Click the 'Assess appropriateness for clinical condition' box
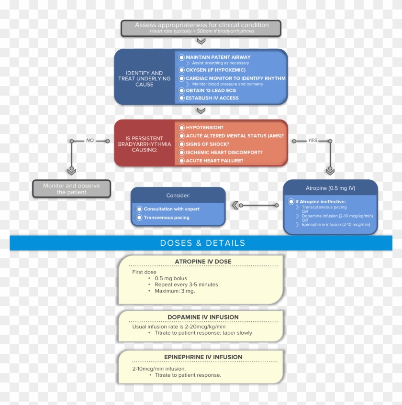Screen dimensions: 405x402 pos(201,28)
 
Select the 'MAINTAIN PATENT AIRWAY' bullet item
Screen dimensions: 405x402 pos(218,57)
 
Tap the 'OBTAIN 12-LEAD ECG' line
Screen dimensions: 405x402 pos(212,90)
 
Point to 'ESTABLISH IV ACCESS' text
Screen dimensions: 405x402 pos(212,98)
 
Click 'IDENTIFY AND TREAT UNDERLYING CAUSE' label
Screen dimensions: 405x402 pos(144,78)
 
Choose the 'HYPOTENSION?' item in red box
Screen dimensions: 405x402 pos(204,128)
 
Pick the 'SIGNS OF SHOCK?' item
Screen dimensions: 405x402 pos(207,144)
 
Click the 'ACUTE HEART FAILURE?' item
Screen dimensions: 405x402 pos(214,161)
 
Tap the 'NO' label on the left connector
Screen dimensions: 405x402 pos(90,141)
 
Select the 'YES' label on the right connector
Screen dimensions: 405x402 pos(313,141)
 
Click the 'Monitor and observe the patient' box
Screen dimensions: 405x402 pos(71,189)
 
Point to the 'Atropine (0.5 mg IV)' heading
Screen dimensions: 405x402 pos(330,188)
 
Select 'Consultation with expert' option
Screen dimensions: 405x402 pos(171,209)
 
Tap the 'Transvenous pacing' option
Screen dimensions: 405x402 pos(166,218)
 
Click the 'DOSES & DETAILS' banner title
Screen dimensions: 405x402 pos(202,243)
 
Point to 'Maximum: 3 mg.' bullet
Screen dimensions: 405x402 pos(175,291)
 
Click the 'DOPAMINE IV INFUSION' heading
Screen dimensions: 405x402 pos(203,317)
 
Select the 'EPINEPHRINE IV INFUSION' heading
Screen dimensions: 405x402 pos(203,357)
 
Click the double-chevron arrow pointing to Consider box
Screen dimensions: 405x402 pos(235,205)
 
